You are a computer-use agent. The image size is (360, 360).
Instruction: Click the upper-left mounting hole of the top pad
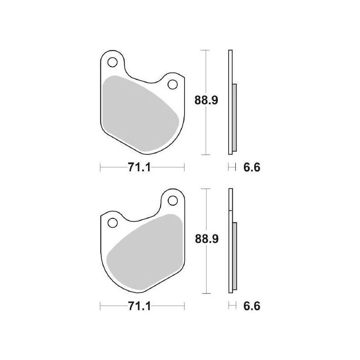(x=112, y=62)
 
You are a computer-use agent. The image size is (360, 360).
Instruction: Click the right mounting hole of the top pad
(x=173, y=84)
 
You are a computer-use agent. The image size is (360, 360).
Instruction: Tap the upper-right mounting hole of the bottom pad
(x=173, y=201)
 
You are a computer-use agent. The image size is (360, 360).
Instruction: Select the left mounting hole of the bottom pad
(x=112, y=223)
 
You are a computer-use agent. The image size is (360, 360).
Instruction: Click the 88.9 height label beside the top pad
(x=206, y=100)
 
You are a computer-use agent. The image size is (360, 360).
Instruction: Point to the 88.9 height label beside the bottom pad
(x=207, y=239)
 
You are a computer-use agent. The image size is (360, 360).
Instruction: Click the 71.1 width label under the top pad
(x=139, y=167)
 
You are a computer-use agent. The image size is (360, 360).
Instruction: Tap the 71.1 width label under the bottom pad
(x=139, y=306)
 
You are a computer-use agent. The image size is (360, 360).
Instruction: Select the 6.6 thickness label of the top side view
(x=252, y=167)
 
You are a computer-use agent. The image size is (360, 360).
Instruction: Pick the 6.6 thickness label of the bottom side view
(x=252, y=306)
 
